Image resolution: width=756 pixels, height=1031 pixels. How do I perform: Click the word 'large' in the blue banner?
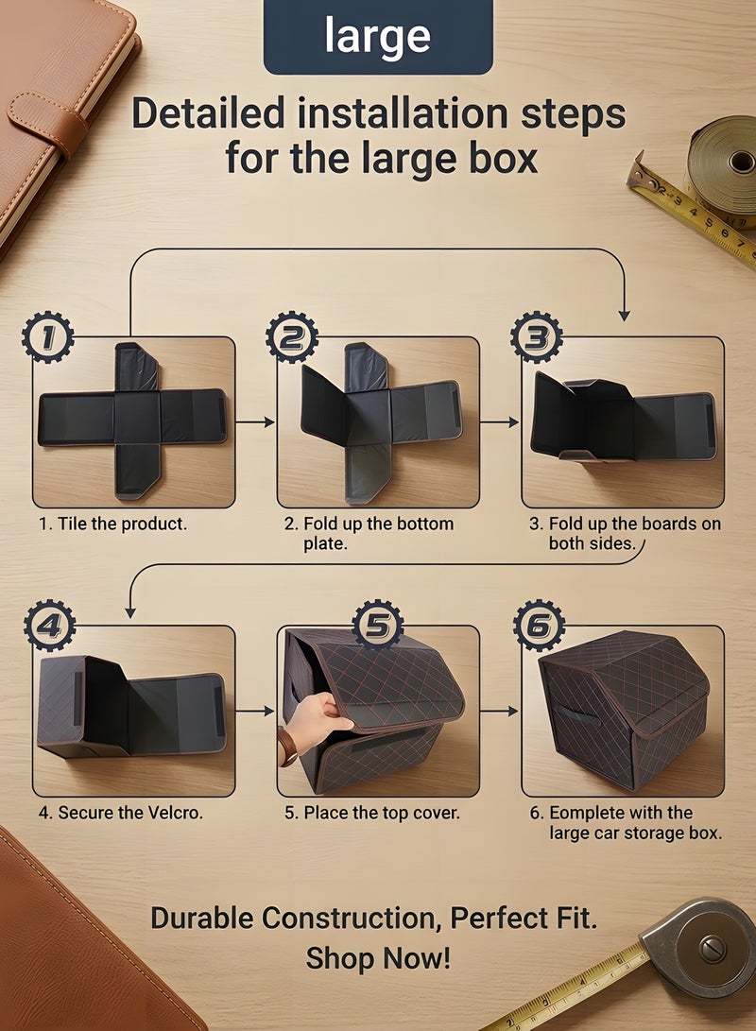coord(378,36)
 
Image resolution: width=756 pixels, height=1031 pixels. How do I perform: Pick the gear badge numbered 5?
coord(378,624)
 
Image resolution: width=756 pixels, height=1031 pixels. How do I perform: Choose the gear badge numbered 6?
coord(539,626)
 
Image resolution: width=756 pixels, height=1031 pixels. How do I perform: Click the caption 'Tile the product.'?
coord(121,524)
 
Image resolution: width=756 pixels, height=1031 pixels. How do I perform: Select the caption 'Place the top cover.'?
coord(381,813)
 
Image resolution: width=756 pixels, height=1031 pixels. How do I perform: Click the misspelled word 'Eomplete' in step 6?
coord(582,813)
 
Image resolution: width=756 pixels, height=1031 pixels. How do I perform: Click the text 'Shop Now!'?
coord(378,958)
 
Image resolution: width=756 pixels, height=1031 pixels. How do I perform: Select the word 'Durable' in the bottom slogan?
coord(203,918)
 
